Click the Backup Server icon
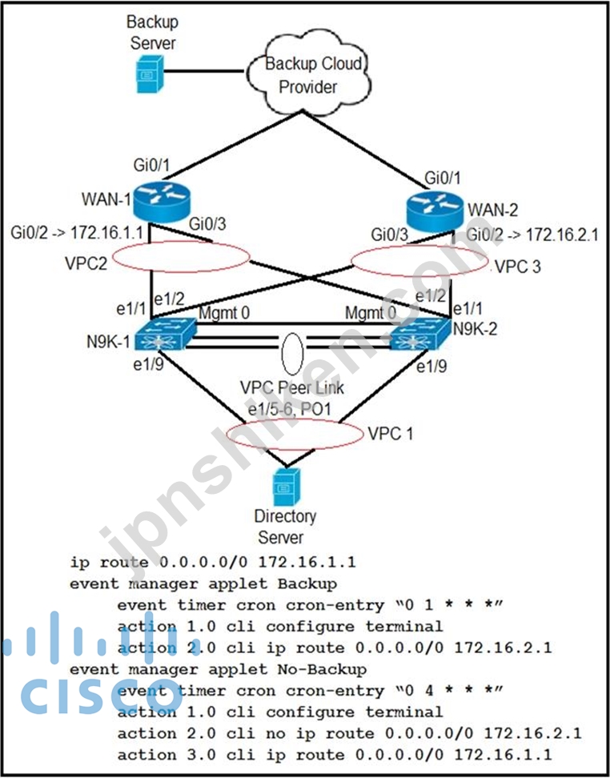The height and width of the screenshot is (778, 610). [x=150, y=74]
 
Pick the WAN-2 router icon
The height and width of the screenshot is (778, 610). [x=435, y=212]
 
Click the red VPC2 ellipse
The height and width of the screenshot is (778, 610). [x=181, y=242]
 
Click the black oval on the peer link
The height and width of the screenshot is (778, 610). [x=282, y=354]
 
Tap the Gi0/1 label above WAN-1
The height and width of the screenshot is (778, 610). [x=151, y=165]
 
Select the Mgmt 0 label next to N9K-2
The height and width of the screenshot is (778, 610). [x=371, y=313]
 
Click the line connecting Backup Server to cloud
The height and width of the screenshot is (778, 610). [x=204, y=71]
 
